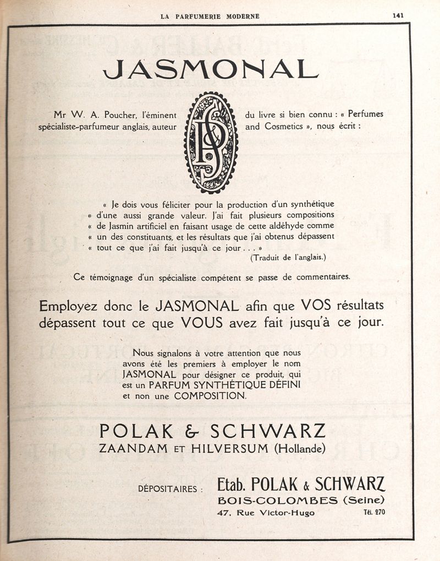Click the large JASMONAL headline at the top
click(211, 69)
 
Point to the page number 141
click(398, 15)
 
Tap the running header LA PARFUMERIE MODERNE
click(210, 16)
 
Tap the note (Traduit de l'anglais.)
click(288, 258)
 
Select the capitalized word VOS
click(316, 305)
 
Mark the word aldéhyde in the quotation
click(291, 226)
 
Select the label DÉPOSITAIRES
click(170, 488)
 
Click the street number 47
click(223, 513)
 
